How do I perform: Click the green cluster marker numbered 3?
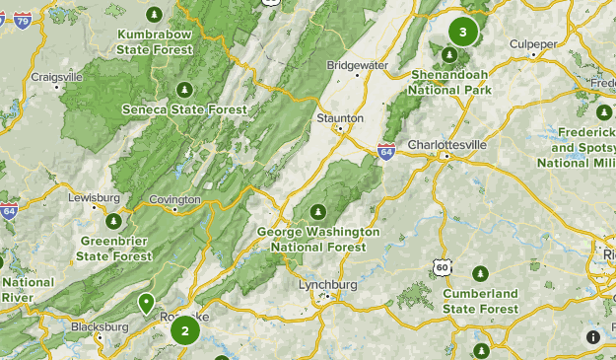point(462,32)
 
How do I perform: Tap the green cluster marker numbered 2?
point(184,330)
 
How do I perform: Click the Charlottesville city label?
point(447,144)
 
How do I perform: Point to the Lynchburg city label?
point(327,285)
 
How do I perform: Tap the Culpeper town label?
point(533,43)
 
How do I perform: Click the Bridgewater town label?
point(358,65)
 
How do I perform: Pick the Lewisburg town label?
point(94,197)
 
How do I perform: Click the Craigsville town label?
point(56,76)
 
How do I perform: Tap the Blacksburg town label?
point(100,326)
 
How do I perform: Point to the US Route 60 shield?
point(441,267)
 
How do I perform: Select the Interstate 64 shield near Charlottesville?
point(387,152)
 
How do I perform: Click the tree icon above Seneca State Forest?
point(183,90)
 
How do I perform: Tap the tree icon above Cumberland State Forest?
point(480,273)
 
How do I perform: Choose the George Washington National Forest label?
point(318,238)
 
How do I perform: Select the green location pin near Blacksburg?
point(146,303)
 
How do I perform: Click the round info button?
point(593,337)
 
